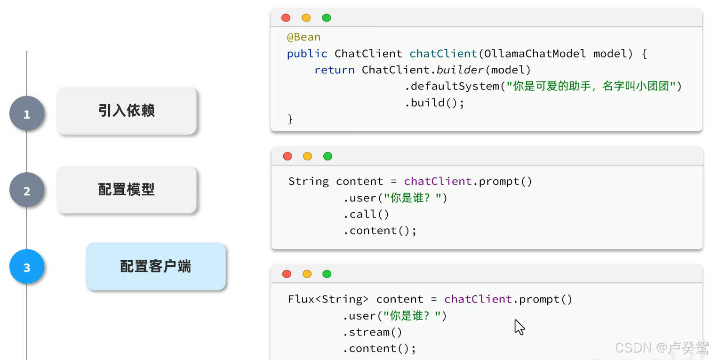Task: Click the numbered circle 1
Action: tap(27, 113)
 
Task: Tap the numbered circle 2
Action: tap(27, 190)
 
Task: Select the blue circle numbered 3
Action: tap(27, 267)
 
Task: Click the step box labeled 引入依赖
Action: tap(127, 111)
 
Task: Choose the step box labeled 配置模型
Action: tap(127, 190)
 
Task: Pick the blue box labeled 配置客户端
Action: tap(156, 266)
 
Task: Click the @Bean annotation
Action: tap(304, 37)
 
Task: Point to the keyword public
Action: tap(307, 54)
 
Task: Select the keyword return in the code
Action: tap(334, 70)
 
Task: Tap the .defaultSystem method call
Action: tap(452, 86)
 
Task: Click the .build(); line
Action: tap(434, 103)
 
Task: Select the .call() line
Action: tap(366, 214)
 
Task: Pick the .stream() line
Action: tap(372, 332)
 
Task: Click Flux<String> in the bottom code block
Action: tap(328, 299)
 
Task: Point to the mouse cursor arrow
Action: tap(519, 327)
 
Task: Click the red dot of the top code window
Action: tap(286, 18)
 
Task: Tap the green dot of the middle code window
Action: tap(328, 156)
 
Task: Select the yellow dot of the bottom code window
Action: tap(307, 274)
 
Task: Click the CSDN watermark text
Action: tap(662, 348)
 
